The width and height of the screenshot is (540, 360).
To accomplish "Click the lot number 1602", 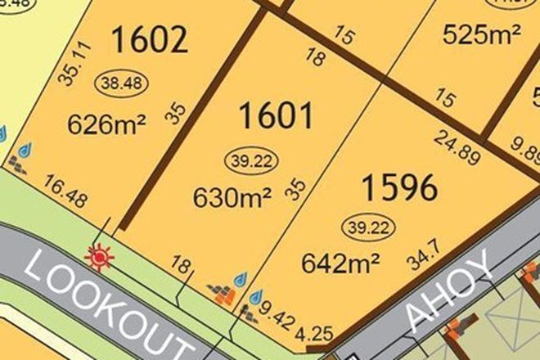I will pos(150,39).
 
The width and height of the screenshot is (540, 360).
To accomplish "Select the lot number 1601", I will pos(276,116).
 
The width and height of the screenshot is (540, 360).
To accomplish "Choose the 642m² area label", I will pos(340,263).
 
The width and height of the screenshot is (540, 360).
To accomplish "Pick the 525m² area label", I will pos(482,34).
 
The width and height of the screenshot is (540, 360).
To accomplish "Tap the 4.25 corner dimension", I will pos(316,333).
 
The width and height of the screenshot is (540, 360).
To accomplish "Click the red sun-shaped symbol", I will pos(99,258).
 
